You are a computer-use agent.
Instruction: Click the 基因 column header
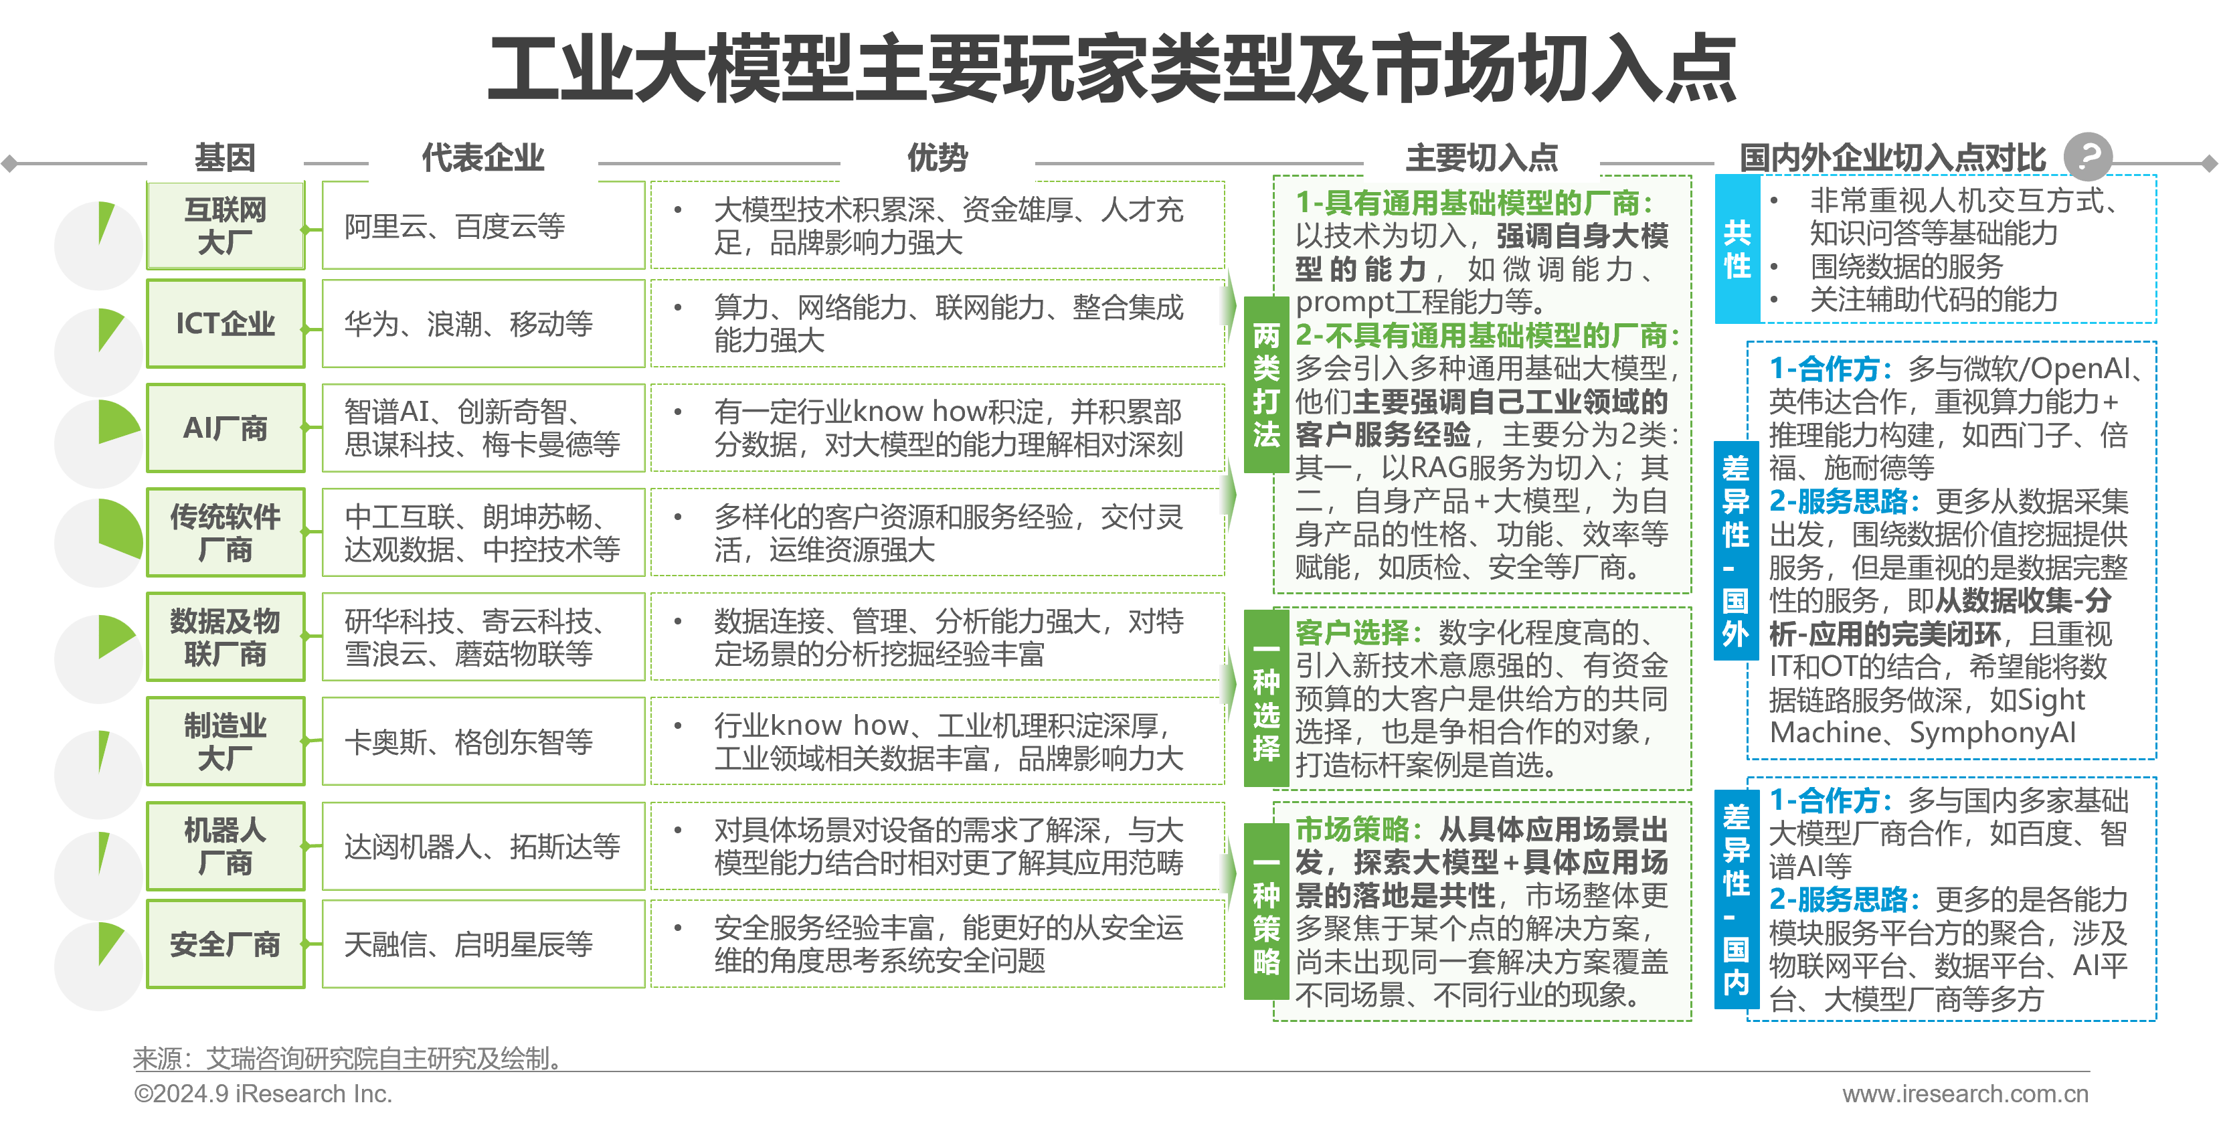225,157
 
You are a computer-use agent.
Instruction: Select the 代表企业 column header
482,157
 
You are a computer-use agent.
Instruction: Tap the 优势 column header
938,157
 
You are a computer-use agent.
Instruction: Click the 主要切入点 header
1482,157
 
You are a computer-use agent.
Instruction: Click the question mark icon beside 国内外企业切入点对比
2088,156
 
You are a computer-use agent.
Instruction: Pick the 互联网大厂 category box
225,226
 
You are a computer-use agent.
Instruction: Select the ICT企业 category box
225,324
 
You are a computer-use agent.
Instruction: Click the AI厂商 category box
225,428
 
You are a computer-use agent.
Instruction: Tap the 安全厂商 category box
225,944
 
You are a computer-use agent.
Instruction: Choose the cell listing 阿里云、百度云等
482,226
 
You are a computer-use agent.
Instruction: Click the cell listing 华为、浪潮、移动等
482,324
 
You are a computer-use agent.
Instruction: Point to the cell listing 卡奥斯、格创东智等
482,742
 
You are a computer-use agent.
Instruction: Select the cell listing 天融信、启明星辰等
482,944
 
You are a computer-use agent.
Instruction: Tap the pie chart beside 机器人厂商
98,874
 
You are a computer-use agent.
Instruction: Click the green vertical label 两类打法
1265,385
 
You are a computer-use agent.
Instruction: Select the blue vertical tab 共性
1737,249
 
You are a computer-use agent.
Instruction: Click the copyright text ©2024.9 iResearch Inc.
263,1094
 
